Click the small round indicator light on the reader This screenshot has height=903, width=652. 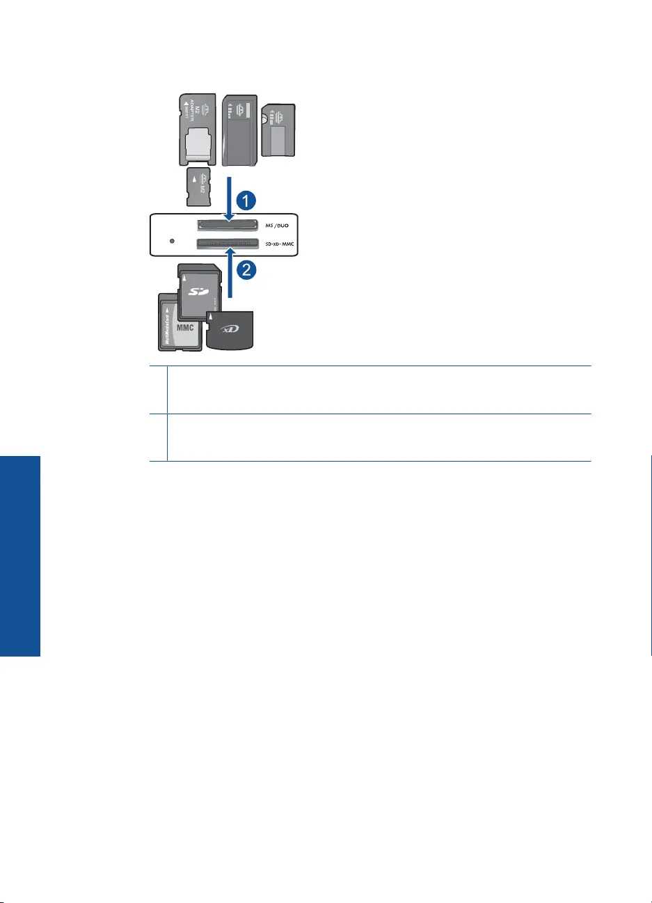(x=172, y=242)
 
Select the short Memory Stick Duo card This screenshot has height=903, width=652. (x=278, y=129)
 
